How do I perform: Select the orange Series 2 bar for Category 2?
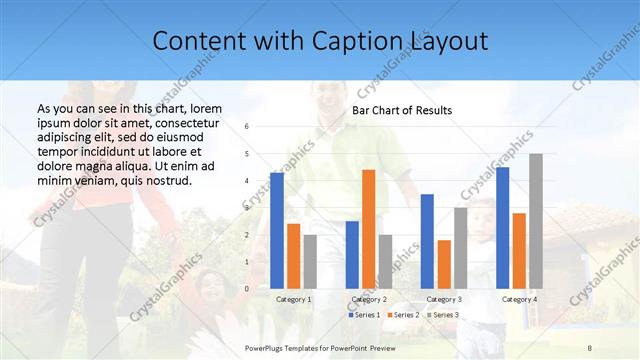point(368,229)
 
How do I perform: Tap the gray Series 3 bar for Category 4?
point(536,221)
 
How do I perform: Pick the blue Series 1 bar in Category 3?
point(427,241)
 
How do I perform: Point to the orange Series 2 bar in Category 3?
point(444,264)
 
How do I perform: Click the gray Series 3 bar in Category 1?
point(310,261)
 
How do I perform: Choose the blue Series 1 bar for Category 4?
point(502,227)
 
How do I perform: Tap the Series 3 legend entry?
point(445,315)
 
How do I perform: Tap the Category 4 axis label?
point(519,300)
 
